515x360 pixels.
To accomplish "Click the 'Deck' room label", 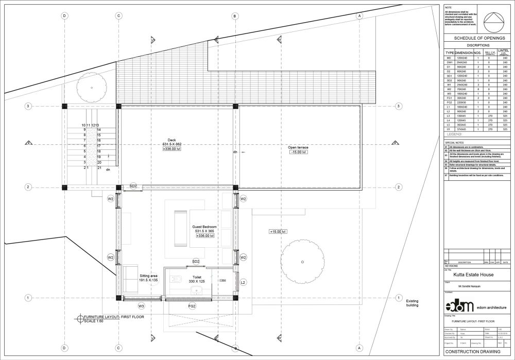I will [171, 140].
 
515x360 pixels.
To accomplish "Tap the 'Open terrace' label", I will [298, 147].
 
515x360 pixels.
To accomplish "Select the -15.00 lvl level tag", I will [298, 152].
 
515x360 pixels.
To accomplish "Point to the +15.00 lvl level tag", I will [278, 232].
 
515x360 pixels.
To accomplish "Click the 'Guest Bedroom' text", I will [204, 227].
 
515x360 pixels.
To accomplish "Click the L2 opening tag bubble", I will [243, 283].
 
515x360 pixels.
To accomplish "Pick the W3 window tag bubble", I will [141, 306].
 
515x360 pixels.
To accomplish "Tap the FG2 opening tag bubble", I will [192, 306].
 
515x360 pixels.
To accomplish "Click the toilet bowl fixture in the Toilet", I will [176, 280].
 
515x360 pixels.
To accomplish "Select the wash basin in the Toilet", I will [196, 292].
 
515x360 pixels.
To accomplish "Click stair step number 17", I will [98, 146].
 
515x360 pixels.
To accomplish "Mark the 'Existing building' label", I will [412, 303].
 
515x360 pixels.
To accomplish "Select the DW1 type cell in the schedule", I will [449, 62].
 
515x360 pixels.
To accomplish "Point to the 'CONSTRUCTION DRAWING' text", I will [472, 352].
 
